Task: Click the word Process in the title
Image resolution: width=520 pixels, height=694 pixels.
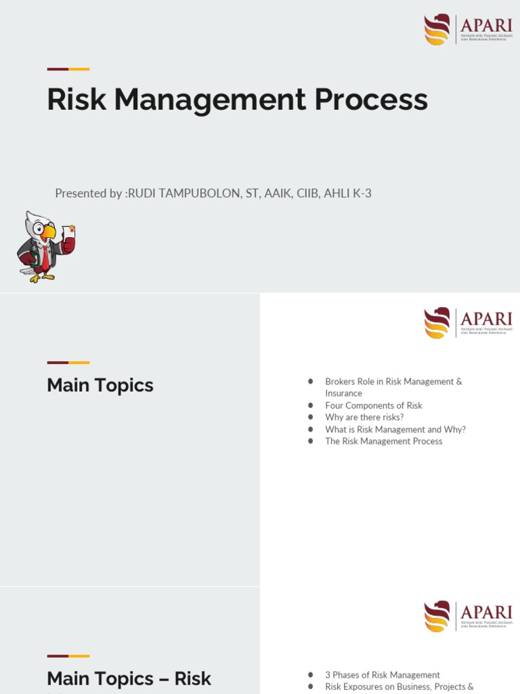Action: pos(371,100)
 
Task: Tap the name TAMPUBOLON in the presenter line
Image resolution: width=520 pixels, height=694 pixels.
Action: pos(195,193)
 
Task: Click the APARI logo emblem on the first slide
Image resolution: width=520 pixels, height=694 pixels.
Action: pos(437,29)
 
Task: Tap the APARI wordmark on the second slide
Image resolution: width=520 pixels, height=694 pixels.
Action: pos(485,318)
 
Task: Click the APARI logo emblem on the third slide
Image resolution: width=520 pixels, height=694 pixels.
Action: pos(437,615)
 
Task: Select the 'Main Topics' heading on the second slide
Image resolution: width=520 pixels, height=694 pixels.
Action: pos(100,385)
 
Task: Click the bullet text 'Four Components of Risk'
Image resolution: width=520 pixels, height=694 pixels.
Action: pos(373,405)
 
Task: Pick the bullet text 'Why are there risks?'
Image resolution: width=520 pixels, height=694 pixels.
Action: pos(364,417)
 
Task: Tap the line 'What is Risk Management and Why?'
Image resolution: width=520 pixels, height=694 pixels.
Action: pos(395,429)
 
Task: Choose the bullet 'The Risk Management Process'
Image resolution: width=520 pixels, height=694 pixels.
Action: pos(383,441)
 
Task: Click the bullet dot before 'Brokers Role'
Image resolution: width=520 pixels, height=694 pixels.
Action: pos(311,382)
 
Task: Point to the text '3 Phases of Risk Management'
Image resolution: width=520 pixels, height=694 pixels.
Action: pos(382,675)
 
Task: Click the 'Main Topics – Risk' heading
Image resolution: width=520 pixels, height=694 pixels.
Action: pos(129,678)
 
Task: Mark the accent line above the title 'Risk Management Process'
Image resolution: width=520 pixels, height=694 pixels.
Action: pos(68,69)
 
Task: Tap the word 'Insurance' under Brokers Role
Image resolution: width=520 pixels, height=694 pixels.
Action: pos(343,393)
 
